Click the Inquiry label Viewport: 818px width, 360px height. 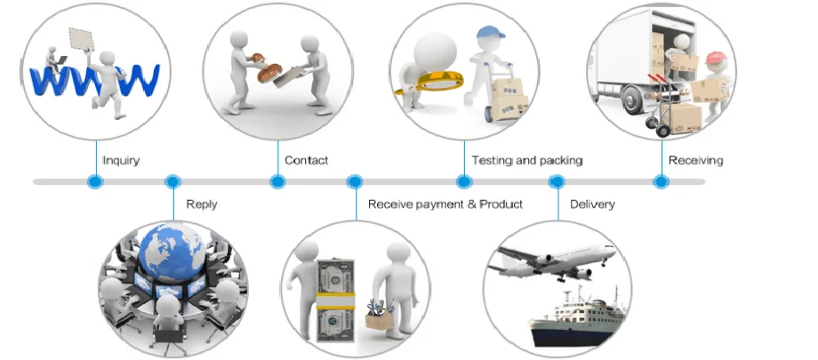click(x=121, y=161)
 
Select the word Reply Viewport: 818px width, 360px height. click(x=202, y=204)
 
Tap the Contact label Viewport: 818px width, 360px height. click(x=306, y=161)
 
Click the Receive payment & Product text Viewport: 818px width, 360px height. click(x=445, y=204)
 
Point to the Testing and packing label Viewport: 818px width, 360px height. click(x=526, y=161)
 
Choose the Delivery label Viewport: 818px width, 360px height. click(x=592, y=204)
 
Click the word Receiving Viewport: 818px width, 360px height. click(x=696, y=161)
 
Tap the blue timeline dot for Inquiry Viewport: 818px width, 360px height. click(x=95, y=182)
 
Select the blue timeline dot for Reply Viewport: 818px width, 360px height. click(x=173, y=182)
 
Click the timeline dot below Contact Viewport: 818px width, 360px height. click(x=277, y=182)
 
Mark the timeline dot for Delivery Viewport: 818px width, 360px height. click(x=557, y=182)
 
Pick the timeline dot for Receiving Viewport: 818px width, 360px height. click(x=661, y=182)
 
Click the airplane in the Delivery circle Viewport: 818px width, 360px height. click(x=555, y=259)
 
